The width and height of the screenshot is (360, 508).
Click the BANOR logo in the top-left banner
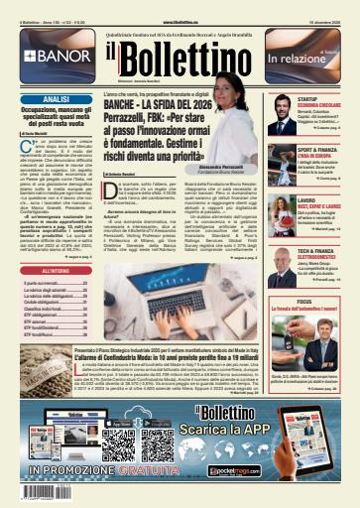50,56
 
